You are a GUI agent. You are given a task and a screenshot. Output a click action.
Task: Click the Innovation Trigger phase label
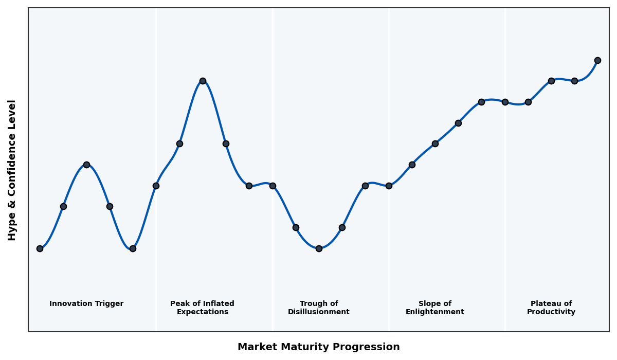86,304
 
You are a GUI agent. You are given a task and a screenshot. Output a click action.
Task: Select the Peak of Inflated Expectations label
202,308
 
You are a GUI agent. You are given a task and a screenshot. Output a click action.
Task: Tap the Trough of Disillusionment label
319,308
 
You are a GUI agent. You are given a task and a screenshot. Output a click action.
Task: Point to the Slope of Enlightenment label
435,308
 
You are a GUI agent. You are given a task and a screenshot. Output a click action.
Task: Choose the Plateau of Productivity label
551,308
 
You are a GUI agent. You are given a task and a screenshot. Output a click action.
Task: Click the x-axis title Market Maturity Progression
318,347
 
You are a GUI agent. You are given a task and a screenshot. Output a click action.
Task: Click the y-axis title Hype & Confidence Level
12,170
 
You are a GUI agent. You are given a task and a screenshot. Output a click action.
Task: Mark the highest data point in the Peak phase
203,81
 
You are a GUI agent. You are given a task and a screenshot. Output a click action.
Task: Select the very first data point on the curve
40,248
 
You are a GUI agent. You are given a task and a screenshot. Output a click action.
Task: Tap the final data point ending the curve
597,60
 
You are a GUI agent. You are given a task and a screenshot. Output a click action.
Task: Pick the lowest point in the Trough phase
319,248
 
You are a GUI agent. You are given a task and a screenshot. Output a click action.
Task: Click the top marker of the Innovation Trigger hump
86,165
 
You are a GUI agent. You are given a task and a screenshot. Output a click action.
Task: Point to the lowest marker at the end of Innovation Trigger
133,248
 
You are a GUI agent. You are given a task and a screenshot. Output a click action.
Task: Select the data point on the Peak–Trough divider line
273,186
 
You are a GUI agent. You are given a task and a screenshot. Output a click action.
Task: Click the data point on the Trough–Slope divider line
389,186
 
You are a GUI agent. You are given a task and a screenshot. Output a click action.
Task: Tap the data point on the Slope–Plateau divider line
505,102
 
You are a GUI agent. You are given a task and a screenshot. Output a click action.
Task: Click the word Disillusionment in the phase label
319,312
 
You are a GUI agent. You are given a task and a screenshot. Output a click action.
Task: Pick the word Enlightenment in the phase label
435,312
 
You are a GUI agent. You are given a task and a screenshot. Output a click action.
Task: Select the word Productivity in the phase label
551,312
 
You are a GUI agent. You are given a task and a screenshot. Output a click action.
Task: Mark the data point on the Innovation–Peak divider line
156,186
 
